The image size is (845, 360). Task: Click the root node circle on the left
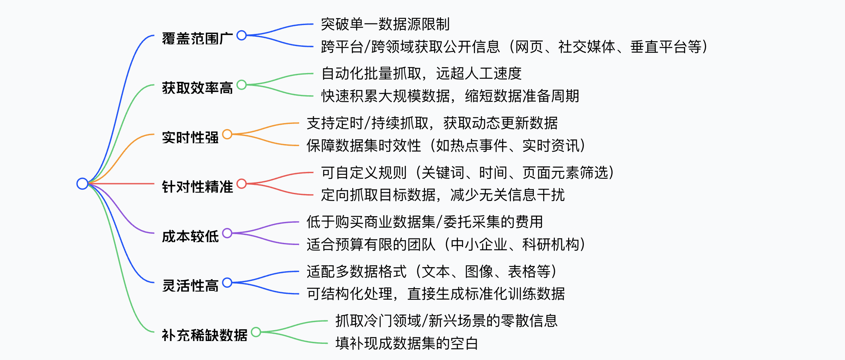pos(82,184)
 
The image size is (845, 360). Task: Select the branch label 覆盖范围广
pos(197,38)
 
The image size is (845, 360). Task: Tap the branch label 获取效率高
pos(197,88)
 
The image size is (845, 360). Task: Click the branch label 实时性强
pos(190,137)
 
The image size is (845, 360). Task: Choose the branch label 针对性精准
pos(197,186)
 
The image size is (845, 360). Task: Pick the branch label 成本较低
pos(190,236)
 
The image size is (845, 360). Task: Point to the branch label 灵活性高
pos(190,285)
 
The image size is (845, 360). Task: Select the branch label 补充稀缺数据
pos(205,335)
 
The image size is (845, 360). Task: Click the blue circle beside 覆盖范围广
pos(242,35)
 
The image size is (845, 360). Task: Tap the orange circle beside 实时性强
pos(227,134)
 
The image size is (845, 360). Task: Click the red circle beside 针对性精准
pos(242,184)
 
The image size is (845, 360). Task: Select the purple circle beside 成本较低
pos(227,233)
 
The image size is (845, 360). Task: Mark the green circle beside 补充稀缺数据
pos(256,332)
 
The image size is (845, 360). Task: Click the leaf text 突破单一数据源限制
pos(385,24)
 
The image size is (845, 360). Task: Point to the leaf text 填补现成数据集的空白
pos(407,343)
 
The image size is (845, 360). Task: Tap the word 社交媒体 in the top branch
pos(587,47)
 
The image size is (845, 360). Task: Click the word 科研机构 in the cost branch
pos(551,244)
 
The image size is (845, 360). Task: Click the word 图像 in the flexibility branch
pos(479,272)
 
